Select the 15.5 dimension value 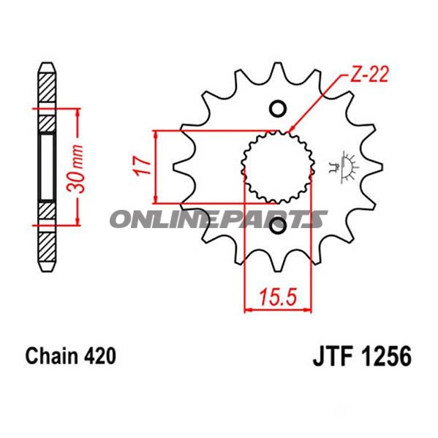[277, 297]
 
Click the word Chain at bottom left [52, 357]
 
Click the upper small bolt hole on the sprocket [277, 110]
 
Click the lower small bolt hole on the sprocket [278, 229]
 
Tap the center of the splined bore [278, 169]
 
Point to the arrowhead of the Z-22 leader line [293, 130]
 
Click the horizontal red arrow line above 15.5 [278, 310]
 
